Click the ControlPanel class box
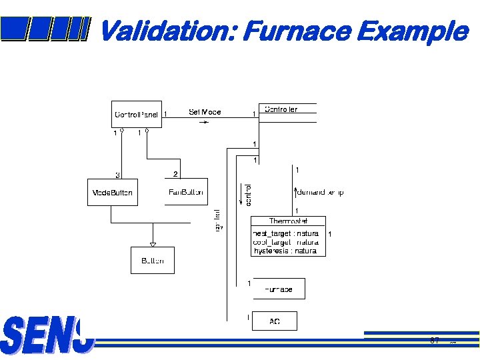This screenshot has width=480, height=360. (136, 114)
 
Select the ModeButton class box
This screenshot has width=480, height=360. (112, 192)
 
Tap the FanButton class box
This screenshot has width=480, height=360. (186, 192)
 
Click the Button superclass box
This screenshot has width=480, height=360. (152, 261)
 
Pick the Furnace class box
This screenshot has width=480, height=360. (278, 289)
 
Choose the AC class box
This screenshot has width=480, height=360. (274, 321)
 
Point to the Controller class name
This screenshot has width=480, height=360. (281, 109)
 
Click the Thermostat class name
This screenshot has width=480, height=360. (288, 221)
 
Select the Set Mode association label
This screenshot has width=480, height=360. (205, 112)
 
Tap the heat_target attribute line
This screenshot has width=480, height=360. (285, 233)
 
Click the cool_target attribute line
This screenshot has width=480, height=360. (285, 242)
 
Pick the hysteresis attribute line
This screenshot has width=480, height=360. (285, 251)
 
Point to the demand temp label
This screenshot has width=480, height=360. (320, 192)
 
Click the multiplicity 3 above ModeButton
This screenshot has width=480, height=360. (117, 175)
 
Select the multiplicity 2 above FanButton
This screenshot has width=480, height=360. (175, 174)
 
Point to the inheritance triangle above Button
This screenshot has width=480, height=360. (153, 244)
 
